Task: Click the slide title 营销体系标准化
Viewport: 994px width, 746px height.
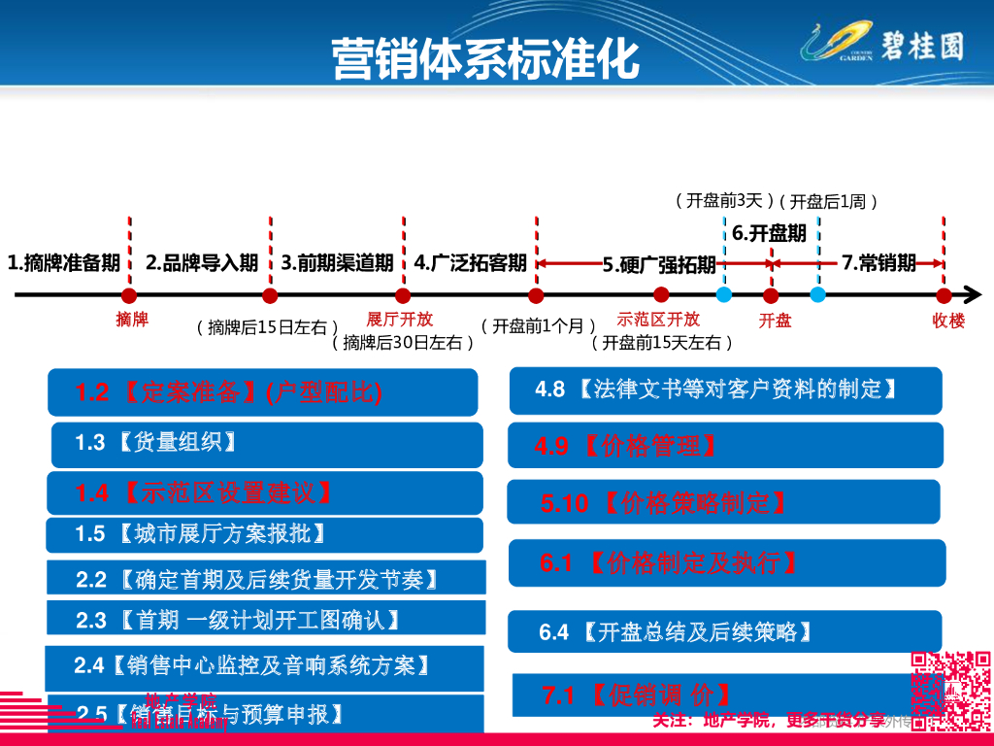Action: [x=485, y=58]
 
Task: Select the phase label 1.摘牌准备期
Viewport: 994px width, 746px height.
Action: [x=64, y=262]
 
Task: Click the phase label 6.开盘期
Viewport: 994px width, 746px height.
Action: [x=769, y=233]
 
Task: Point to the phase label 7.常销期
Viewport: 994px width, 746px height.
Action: [x=878, y=262]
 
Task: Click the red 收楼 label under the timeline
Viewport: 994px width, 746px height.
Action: [x=948, y=321]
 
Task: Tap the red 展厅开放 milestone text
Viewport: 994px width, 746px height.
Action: [x=400, y=319]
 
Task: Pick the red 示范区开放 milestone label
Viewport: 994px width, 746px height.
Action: [x=658, y=319]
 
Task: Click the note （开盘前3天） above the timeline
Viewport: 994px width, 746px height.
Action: [x=724, y=201]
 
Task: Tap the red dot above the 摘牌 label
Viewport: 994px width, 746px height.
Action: [x=129, y=295]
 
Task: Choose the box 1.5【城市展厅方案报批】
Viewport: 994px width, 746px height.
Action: [x=264, y=534]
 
